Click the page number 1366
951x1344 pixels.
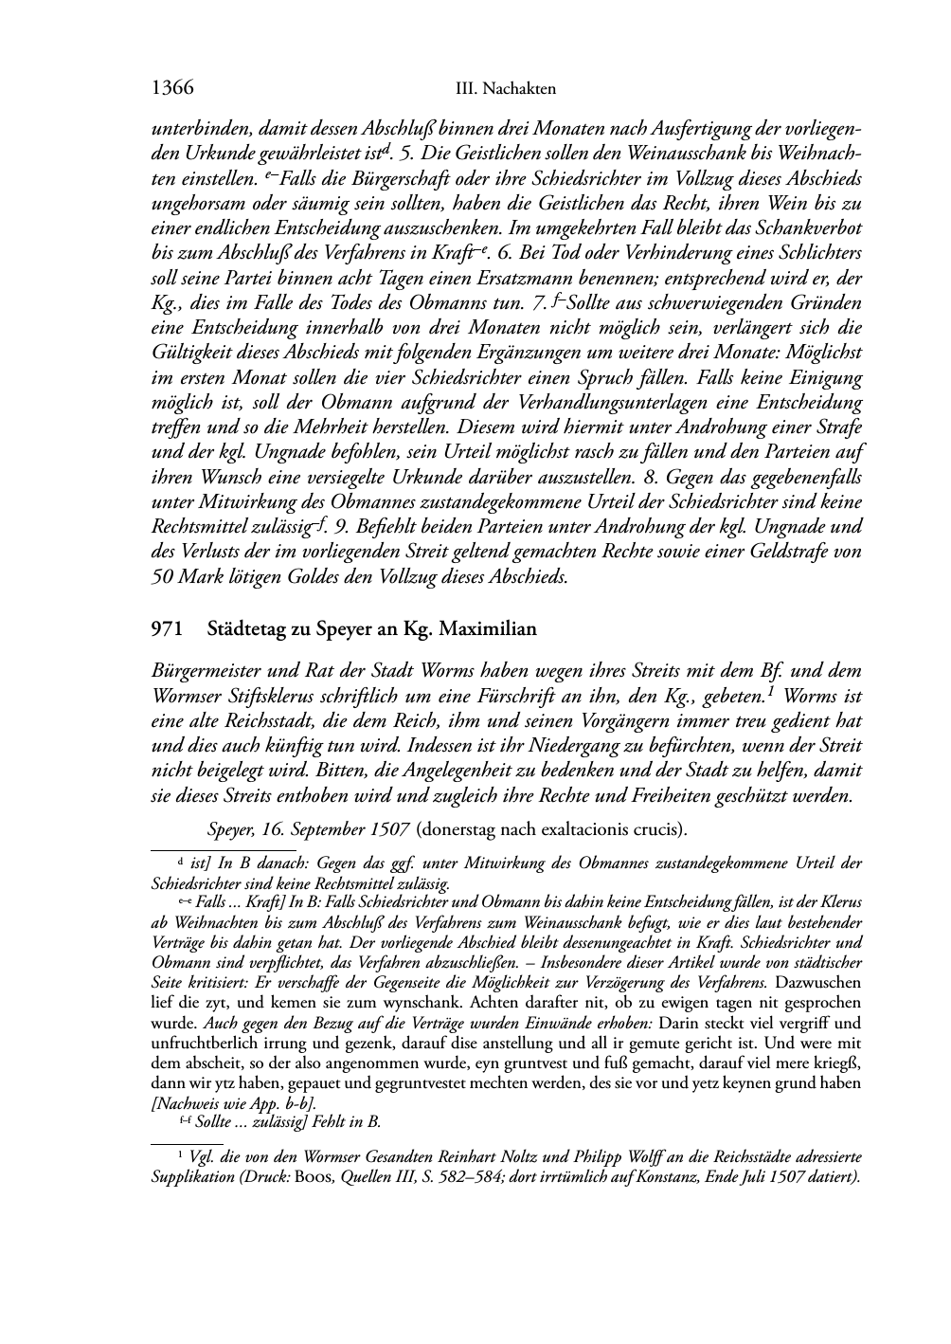(172, 89)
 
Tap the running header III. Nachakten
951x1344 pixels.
(505, 90)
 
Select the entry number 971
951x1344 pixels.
(166, 628)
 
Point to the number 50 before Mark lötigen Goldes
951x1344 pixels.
(162, 576)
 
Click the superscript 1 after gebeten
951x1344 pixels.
(772, 690)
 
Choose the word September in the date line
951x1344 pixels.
(324, 828)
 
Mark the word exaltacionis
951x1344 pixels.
(601, 828)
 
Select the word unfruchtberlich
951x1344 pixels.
(199, 1043)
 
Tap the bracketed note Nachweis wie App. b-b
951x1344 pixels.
(234, 1102)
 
